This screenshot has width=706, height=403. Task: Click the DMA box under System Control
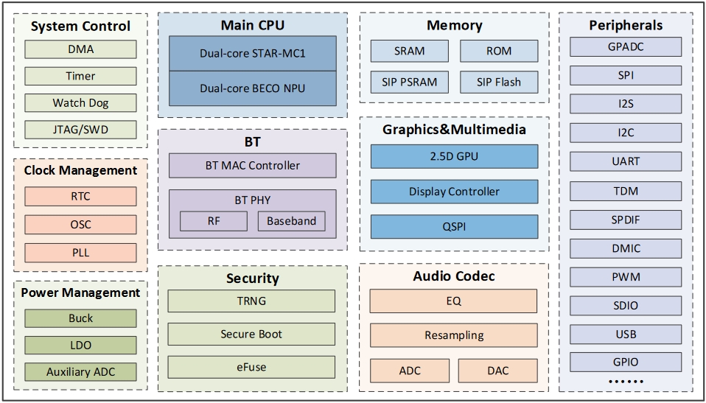(80, 50)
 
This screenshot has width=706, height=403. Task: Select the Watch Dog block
(80, 103)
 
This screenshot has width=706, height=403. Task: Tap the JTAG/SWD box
(80, 130)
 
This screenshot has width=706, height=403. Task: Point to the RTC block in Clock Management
(80, 197)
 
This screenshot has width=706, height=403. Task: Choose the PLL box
(80, 253)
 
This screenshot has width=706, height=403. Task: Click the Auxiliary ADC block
(80, 371)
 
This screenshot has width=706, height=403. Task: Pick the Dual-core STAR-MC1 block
(252, 54)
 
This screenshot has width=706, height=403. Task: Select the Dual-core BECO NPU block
(252, 88)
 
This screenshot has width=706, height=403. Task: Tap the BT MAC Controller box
(252, 165)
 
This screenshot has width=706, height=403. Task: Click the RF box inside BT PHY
(213, 221)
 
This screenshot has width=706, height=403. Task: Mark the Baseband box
(291, 221)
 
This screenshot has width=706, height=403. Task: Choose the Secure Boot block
(251, 334)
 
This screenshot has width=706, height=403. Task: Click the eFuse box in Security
(251, 366)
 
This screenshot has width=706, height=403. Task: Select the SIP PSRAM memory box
(409, 82)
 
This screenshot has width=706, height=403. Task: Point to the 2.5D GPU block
(453, 156)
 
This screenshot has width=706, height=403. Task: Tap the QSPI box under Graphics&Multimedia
(453, 227)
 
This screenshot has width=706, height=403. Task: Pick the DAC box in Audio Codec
(497, 371)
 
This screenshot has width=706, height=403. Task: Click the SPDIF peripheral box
(626, 220)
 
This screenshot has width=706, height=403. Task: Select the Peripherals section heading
(626, 26)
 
